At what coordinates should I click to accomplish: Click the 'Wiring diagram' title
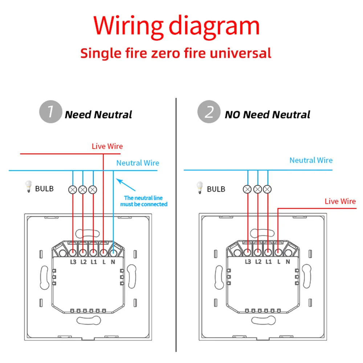click(x=176, y=26)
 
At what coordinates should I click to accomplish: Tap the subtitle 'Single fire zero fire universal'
click(x=176, y=53)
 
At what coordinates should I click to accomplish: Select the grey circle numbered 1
click(x=50, y=112)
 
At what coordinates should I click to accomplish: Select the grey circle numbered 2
click(x=208, y=112)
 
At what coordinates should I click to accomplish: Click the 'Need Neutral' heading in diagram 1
click(x=98, y=115)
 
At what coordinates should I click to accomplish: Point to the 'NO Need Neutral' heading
click(x=268, y=115)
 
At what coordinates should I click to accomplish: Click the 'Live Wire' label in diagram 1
click(x=107, y=146)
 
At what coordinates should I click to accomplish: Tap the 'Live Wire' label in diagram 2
click(x=340, y=201)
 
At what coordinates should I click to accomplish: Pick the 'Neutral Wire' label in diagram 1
click(x=138, y=163)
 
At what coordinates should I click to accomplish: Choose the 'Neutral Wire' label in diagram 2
click(x=311, y=160)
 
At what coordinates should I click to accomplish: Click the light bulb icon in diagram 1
click(x=28, y=187)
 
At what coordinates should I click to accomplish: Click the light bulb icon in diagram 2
click(x=199, y=187)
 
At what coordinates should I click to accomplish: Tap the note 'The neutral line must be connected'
click(x=143, y=201)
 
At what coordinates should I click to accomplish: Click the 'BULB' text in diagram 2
click(x=216, y=189)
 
